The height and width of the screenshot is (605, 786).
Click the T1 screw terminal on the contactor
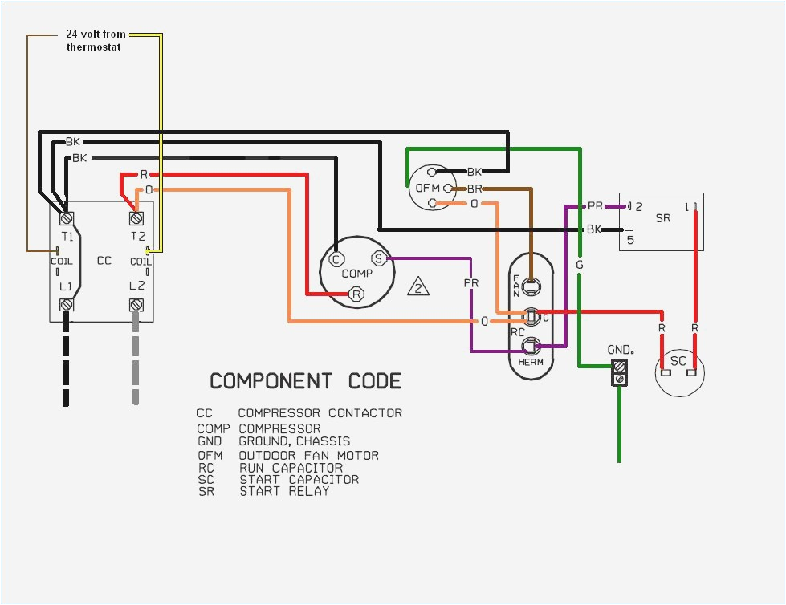66,217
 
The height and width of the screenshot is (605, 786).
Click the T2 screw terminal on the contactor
136,217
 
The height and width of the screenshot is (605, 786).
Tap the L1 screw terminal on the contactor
66,305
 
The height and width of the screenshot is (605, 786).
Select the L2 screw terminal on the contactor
136,305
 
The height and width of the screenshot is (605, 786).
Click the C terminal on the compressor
336,258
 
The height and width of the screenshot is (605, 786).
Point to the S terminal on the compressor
378,258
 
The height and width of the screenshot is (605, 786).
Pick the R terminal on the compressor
356,295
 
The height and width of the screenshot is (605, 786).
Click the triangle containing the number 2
418,287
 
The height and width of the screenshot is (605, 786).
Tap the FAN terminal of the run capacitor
530,282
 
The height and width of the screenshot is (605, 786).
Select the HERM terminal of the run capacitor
530,347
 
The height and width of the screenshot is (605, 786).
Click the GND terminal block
619,372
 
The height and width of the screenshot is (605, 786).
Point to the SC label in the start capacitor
678,361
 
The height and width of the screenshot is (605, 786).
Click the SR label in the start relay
663,218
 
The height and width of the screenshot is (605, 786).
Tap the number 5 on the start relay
630,239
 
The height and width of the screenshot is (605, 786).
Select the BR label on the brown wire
474,189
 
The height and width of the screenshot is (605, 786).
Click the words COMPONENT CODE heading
305,380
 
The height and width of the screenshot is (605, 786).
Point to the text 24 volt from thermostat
96,41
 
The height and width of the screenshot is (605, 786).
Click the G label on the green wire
579,264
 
